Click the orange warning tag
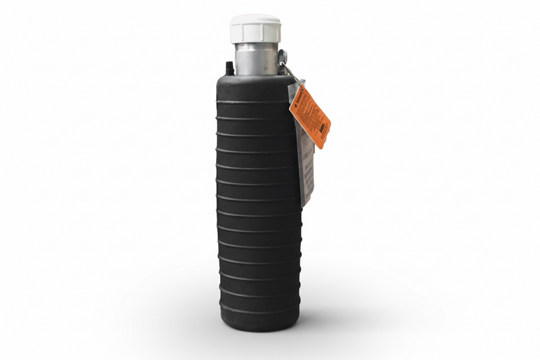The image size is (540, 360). click(x=310, y=115)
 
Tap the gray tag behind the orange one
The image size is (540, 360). click(x=305, y=162)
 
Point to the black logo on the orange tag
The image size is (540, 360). click(x=323, y=133)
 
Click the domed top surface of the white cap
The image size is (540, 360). click(x=255, y=20)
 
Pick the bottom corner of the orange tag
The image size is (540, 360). click(x=323, y=147)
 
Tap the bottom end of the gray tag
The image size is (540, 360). click(x=306, y=203)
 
